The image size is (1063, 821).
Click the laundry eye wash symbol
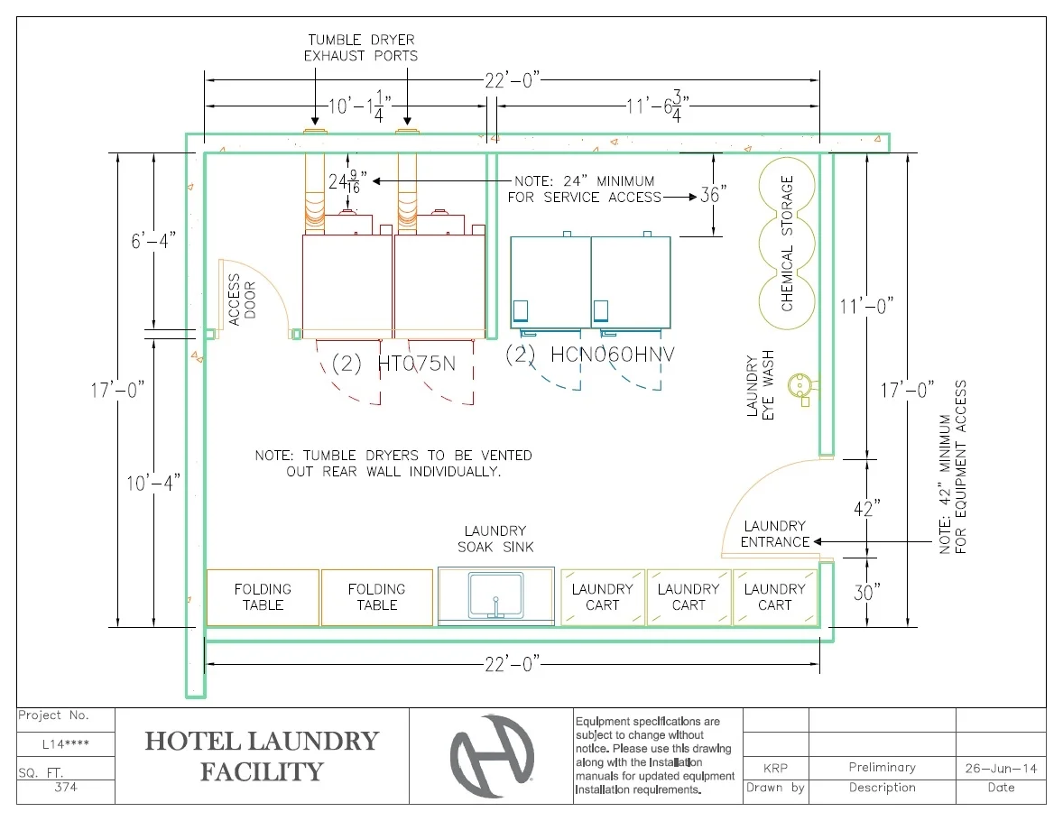(798, 385)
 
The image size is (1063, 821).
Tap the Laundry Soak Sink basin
(495, 595)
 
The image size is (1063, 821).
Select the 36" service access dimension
(713, 195)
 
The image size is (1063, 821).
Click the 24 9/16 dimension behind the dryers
(348, 182)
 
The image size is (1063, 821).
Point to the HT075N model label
(393, 364)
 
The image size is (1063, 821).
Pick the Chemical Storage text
(787, 244)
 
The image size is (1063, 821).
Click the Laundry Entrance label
(774, 534)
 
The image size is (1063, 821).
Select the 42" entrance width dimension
(866, 509)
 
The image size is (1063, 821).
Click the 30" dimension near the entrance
(866, 592)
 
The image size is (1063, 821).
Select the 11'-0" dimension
(866, 306)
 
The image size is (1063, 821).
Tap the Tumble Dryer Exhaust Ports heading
(361, 48)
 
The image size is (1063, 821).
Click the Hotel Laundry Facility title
(262, 756)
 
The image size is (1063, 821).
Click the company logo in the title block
(492, 756)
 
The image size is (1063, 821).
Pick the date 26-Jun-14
(1001, 768)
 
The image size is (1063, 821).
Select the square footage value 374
(66, 788)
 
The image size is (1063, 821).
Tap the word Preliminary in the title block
(882, 768)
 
